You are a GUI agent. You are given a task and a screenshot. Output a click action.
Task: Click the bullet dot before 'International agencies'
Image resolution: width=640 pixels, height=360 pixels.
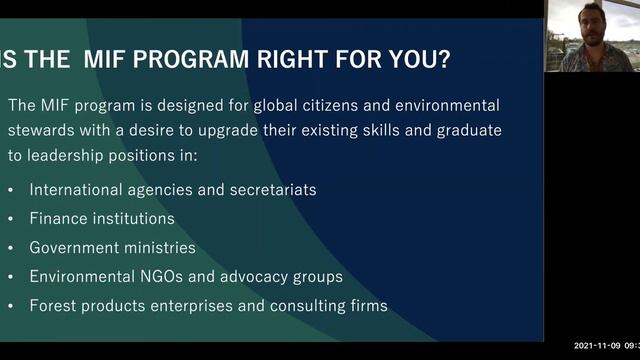click(x=11, y=189)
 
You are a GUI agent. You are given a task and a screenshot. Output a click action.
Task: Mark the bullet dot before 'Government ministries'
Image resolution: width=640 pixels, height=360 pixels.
click(x=11, y=247)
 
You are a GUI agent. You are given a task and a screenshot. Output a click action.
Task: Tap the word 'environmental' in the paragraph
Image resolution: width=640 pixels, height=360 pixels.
click(x=444, y=105)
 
